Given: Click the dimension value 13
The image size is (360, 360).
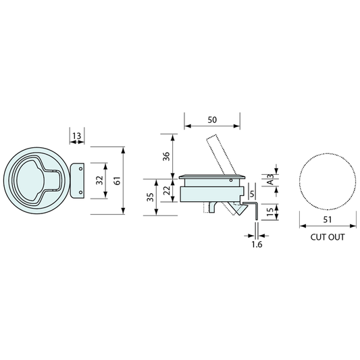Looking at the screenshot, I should coord(76,136).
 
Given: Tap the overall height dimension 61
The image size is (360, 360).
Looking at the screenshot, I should coord(117,180).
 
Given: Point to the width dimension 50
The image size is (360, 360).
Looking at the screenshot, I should coord(212,120).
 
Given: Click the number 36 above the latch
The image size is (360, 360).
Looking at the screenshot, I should coord(166,155).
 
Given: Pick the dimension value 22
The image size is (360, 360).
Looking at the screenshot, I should coord(166,188).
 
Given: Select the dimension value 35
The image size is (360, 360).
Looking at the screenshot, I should coord(150,197).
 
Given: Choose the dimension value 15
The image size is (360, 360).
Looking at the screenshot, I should coord(270,212).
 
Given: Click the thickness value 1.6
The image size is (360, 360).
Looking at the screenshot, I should coord(256,246).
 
